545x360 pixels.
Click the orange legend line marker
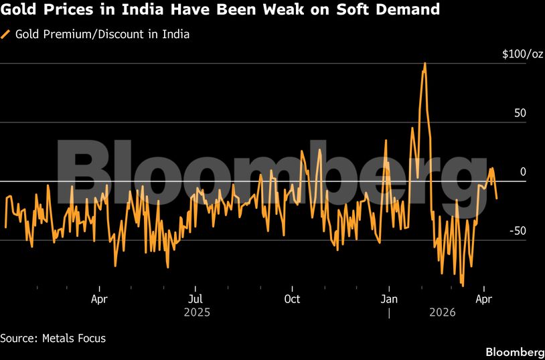tap(6, 34)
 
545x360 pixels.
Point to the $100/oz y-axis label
tap(522, 54)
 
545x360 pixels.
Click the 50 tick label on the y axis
tap(520, 113)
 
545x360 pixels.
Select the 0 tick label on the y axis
tap(523, 172)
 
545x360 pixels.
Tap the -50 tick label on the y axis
tap(518, 231)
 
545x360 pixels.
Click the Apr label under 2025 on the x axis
tap(99, 298)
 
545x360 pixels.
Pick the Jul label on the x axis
tap(195, 298)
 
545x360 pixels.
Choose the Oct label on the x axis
tap(292, 298)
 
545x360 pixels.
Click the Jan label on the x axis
tap(390, 298)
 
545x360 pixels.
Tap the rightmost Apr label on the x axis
tap(483, 298)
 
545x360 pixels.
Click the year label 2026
tap(443, 312)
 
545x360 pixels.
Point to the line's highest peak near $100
tap(424, 64)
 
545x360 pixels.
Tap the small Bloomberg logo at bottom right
tap(514, 352)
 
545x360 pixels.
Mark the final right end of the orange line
tap(497, 198)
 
